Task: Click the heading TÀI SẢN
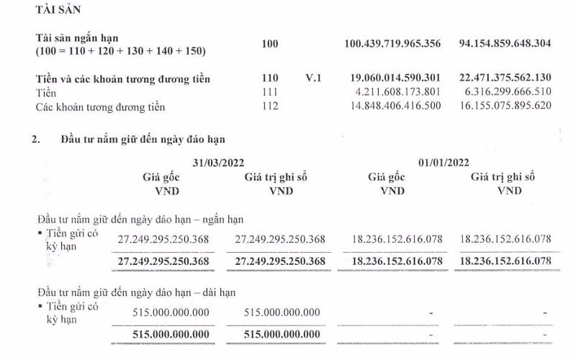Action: [x=60, y=12]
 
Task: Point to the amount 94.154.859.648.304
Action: [x=505, y=44]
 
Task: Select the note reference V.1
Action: [x=313, y=79]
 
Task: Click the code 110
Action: [x=270, y=79]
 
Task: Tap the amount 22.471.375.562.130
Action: [x=505, y=79]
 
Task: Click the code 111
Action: [x=270, y=93]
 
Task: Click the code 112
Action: [x=270, y=107]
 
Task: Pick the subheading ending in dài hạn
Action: [x=136, y=293]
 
